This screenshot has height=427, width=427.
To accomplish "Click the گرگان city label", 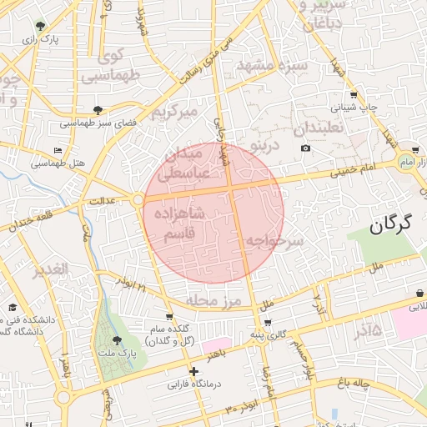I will (x=392, y=224).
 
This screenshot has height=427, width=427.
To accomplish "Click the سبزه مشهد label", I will (x=273, y=66).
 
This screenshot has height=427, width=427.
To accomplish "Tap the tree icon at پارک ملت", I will (x=116, y=340).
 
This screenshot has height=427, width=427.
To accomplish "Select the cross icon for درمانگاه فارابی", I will (x=194, y=371).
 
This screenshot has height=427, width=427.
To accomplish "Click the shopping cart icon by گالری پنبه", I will (x=267, y=323).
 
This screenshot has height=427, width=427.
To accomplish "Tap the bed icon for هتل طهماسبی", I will (x=58, y=150).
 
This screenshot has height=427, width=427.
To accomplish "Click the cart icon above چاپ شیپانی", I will (x=354, y=95).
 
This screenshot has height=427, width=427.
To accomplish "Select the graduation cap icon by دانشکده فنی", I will (x=13, y=308).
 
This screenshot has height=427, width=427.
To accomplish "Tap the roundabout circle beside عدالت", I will (x=137, y=199).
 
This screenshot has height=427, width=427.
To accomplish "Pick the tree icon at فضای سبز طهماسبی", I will (x=98, y=110).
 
